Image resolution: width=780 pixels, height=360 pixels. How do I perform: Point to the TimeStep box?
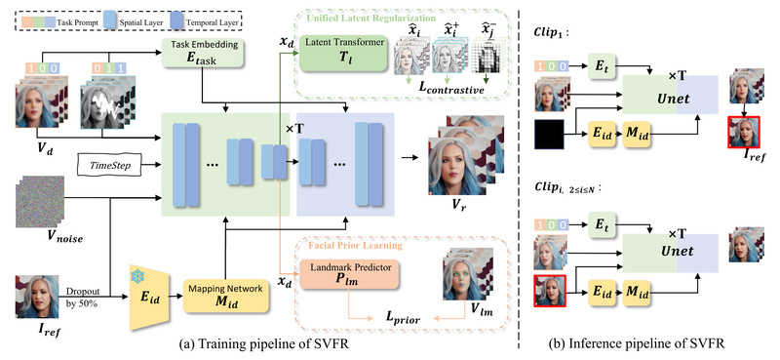109,166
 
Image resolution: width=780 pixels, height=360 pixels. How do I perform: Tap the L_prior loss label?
385,318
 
